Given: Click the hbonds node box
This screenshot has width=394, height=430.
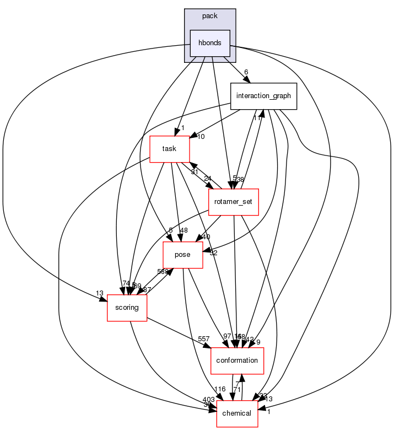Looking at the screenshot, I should [209, 43].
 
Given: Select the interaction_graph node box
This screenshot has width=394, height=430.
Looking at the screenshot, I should [263, 96].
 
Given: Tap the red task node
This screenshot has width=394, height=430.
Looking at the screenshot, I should [170, 149].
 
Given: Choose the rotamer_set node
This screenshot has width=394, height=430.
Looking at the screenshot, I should [234, 202].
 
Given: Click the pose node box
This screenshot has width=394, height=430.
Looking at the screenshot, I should [182, 255].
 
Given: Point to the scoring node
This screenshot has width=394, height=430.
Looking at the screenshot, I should [127, 307].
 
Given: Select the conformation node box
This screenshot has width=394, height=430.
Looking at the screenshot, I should [238, 360].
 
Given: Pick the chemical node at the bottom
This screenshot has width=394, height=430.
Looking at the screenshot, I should [237, 413].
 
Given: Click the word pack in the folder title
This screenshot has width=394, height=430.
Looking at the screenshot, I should [210, 16].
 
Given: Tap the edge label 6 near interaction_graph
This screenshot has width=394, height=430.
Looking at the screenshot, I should [246, 72].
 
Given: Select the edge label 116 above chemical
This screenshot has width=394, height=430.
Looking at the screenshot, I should [220, 389].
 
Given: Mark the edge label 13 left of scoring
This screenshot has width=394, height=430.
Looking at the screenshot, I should [99, 293].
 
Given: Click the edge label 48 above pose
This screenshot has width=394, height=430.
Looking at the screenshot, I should [183, 230].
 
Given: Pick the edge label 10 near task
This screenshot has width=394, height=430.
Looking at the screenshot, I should [201, 136].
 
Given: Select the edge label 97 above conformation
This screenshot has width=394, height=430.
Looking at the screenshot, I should [227, 336].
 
